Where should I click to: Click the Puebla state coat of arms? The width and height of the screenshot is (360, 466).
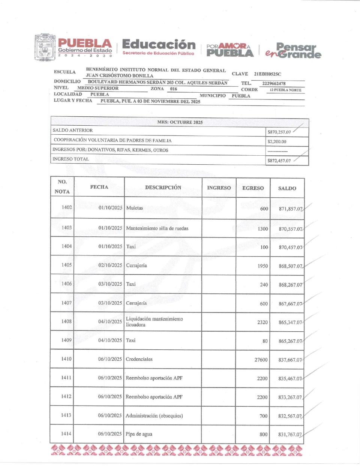coord(45,48)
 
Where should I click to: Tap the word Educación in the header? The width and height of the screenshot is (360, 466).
coord(159,45)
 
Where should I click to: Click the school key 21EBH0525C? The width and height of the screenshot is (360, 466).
coord(267,74)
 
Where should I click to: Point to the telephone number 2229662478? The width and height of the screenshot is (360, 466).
coord(274,83)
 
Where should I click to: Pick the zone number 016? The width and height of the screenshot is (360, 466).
coord(173,89)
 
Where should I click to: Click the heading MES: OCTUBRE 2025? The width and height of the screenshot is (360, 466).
coord(180,122)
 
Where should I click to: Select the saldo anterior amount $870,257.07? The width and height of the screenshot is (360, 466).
coord(279,132)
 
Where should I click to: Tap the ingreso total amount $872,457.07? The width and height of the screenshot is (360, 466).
coord(279,161)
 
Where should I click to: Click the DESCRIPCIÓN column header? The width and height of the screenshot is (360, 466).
coord(163,187)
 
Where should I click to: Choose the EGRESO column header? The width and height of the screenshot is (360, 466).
coord(253,188)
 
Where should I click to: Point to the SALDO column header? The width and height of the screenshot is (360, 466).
coord(287,188)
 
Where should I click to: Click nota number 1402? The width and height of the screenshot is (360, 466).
coord(67,207)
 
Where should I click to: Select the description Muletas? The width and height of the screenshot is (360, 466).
coord(135,208)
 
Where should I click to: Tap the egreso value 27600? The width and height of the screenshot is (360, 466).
coord(261,359)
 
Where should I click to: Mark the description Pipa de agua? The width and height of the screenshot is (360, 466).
coord(139,434)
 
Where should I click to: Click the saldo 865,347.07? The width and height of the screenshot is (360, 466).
coord(290,322)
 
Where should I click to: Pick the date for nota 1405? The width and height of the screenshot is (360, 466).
coord(110,265)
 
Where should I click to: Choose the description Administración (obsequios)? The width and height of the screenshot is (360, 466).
coord(154,416)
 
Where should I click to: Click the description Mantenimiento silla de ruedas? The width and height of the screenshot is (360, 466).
coord(157,228)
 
